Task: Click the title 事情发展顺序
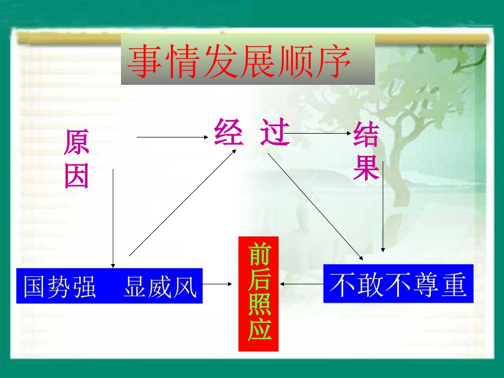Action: [x=240, y=61]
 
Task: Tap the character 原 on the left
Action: [x=76, y=143]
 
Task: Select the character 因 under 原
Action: [x=76, y=176]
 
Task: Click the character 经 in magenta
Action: [x=228, y=132]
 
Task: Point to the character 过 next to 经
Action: [x=275, y=132]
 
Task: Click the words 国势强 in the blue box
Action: [x=60, y=287]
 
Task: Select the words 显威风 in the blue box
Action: [x=160, y=287]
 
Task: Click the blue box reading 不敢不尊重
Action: [x=398, y=285]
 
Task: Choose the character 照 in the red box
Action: [x=259, y=305]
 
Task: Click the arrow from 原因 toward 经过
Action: [x=172, y=137]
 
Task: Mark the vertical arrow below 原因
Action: [x=112, y=217]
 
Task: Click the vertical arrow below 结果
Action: [x=383, y=207]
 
